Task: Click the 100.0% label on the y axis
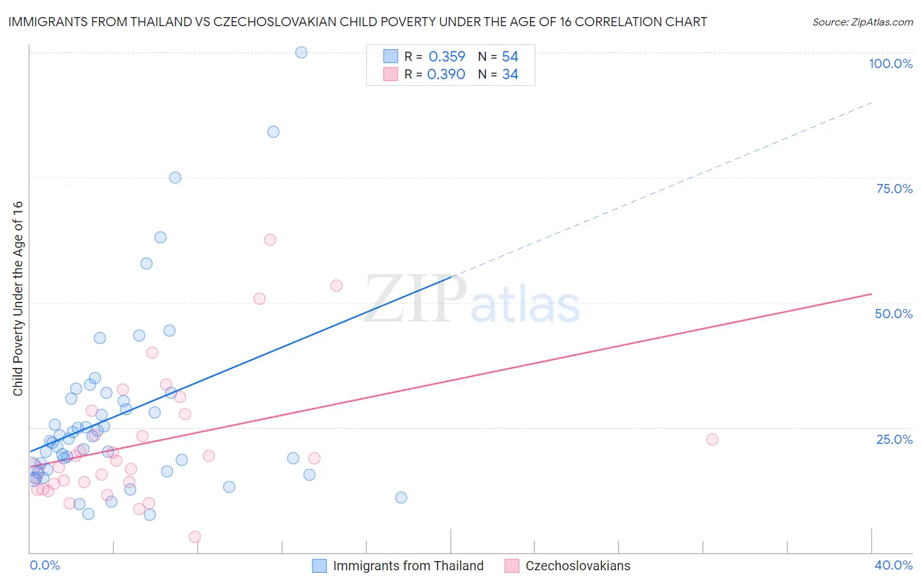[x=890, y=64]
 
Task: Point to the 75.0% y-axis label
[x=894, y=189]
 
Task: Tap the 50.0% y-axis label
[x=893, y=314]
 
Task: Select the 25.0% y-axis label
[x=894, y=439]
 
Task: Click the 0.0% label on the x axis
[x=45, y=565]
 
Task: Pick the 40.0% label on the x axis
[x=893, y=565]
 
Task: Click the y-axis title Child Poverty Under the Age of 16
[x=18, y=298]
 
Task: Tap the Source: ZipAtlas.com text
[x=862, y=22]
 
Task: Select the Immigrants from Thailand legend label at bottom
[x=408, y=566]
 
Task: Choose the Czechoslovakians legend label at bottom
[x=578, y=566]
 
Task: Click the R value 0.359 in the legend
[x=447, y=57]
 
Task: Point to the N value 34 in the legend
[x=510, y=75]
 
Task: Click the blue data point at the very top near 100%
[x=301, y=52]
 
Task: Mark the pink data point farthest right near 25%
[x=712, y=439]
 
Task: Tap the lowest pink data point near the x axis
[x=195, y=537]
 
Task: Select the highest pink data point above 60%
[x=270, y=240]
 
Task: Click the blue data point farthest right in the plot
[x=401, y=498]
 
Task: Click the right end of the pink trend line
[x=871, y=294]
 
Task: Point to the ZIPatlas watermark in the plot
[x=472, y=300]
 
